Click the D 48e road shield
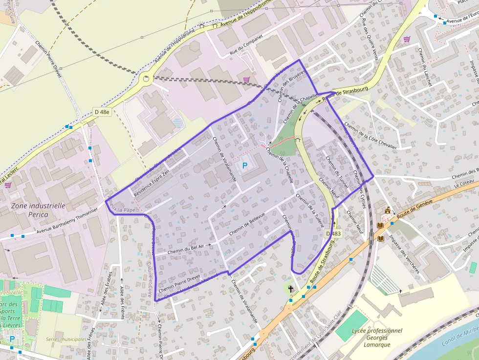(103, 112)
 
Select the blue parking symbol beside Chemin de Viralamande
(245, 166)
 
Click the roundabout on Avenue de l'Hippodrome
(146, 78)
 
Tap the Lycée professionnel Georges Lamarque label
(377, 338)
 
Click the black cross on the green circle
(291, 289)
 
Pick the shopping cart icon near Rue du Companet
(246, 79)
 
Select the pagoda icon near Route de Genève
(388, 211)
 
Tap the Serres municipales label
(66, 339)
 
